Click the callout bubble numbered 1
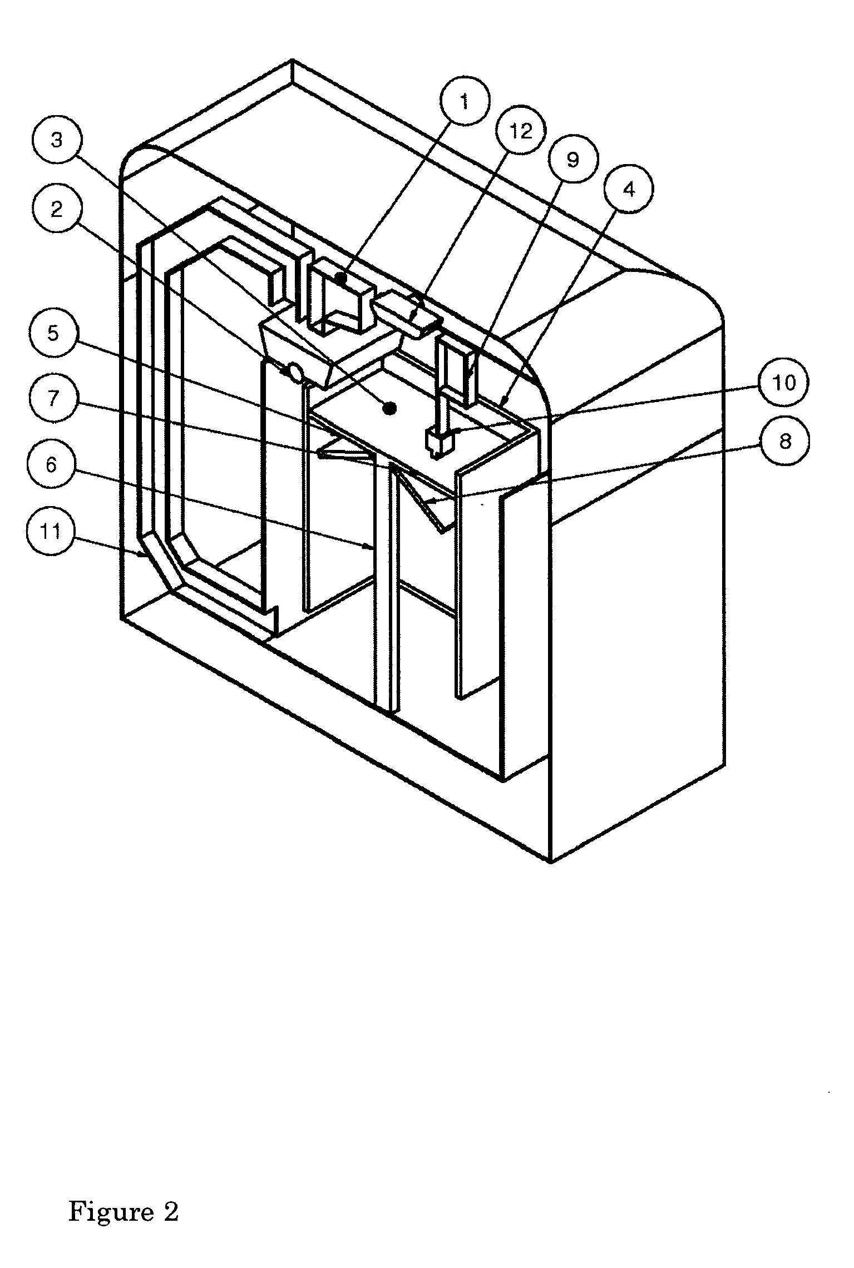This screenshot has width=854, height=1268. [x=465, y=102]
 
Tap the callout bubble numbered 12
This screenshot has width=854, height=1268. [x=520, y=131]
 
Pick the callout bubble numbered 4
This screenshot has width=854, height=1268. [x=628, y=190]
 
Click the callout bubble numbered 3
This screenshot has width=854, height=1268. [x=57, y=140]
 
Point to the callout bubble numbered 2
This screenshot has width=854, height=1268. [x=56, y=211]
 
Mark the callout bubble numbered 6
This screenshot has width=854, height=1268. [x=51, y=464]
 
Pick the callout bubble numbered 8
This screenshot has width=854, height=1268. [x=785, y=442]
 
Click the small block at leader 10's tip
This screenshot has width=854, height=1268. [x=440, y=442]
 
